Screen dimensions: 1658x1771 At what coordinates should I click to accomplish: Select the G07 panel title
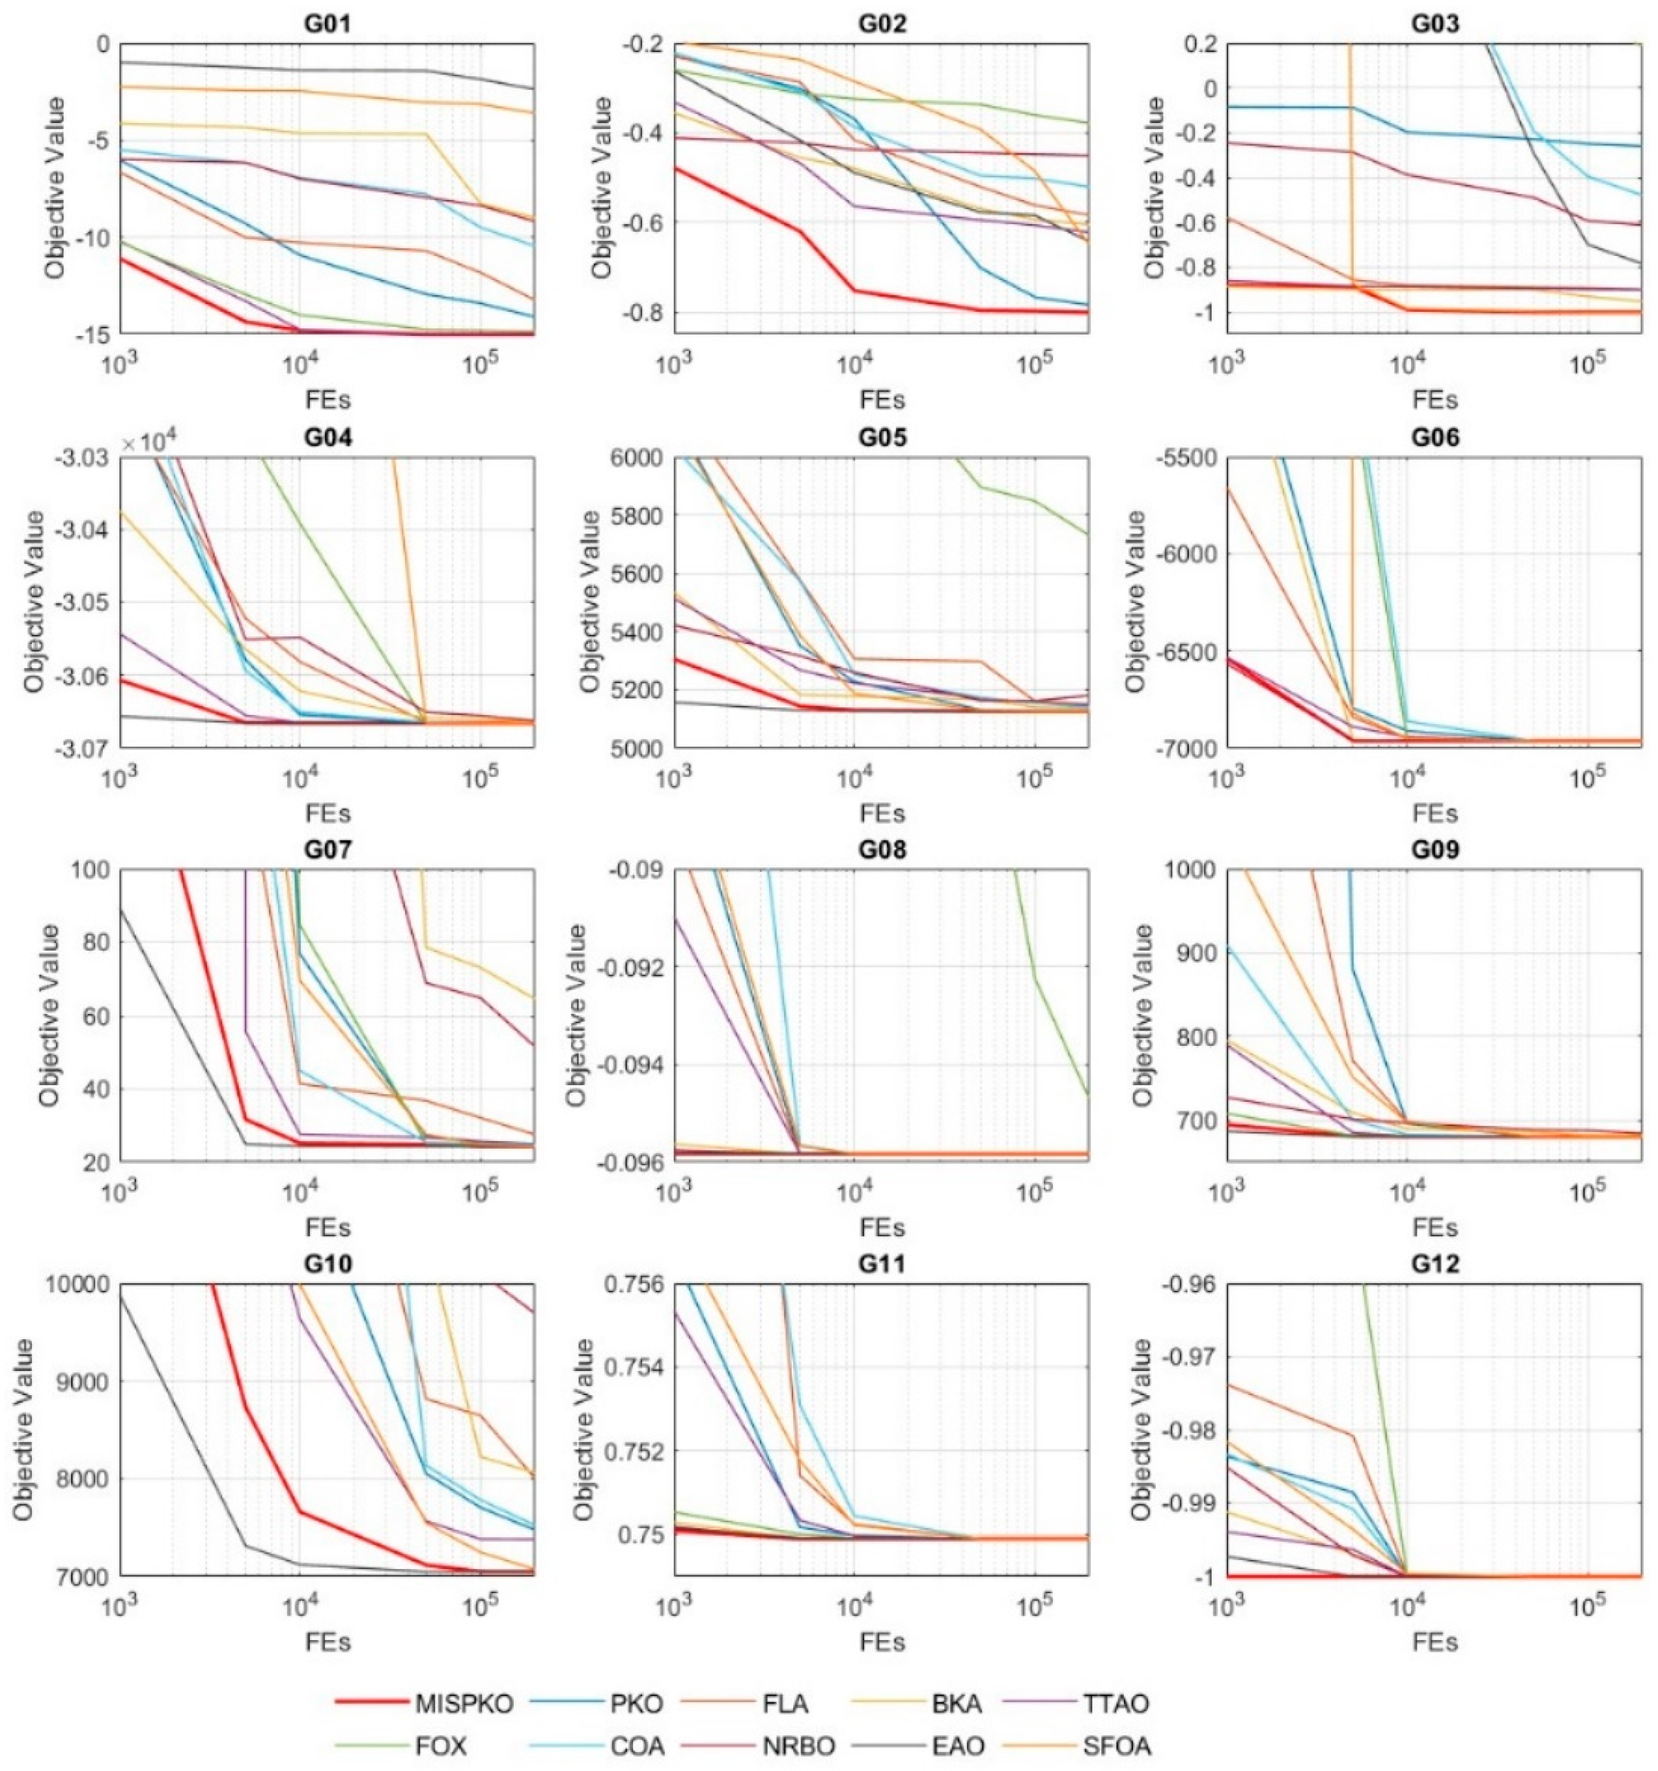tap(327, 849)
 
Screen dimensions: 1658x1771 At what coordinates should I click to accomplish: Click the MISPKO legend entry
tap(464, 1704)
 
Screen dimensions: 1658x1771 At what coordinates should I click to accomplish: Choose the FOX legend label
tap(440, 1746)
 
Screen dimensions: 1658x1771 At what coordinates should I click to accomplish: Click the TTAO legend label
tap(1116, 1704)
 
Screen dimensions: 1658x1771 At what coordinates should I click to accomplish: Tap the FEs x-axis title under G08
tap(881, 1227)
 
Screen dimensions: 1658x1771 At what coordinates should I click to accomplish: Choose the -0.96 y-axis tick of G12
tap(1187, 1285)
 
